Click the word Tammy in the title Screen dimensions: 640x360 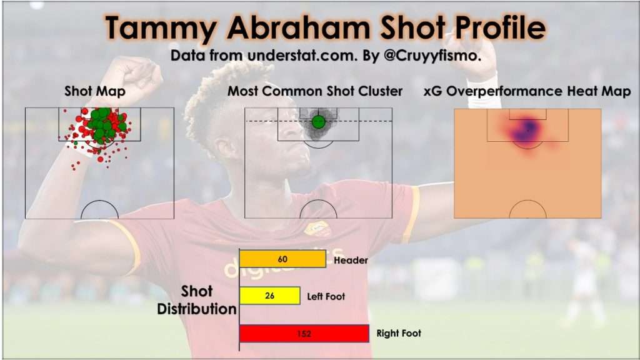click(161, 28)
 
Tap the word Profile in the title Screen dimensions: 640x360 click(500, 27)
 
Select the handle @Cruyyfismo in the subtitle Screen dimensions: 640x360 click(432, 56)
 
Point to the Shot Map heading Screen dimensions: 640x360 click(95, 91)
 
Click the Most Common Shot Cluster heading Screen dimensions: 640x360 click(315, 91)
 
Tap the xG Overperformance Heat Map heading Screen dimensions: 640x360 click(527, 91)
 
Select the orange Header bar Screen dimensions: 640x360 click(282, 259)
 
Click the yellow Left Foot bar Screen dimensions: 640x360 click(270, 296)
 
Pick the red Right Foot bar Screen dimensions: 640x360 click(304, 334)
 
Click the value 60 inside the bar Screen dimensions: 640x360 click(282, 259)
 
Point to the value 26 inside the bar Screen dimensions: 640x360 click(270, 296)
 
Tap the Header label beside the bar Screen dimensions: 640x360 click(351, 260)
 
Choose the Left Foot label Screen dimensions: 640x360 click(326, 296)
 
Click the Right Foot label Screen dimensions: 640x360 click(398, 333)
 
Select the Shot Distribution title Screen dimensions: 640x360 click(197, 300)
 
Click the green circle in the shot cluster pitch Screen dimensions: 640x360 click(318, 122)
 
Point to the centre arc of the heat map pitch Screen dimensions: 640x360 click(527, 201)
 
